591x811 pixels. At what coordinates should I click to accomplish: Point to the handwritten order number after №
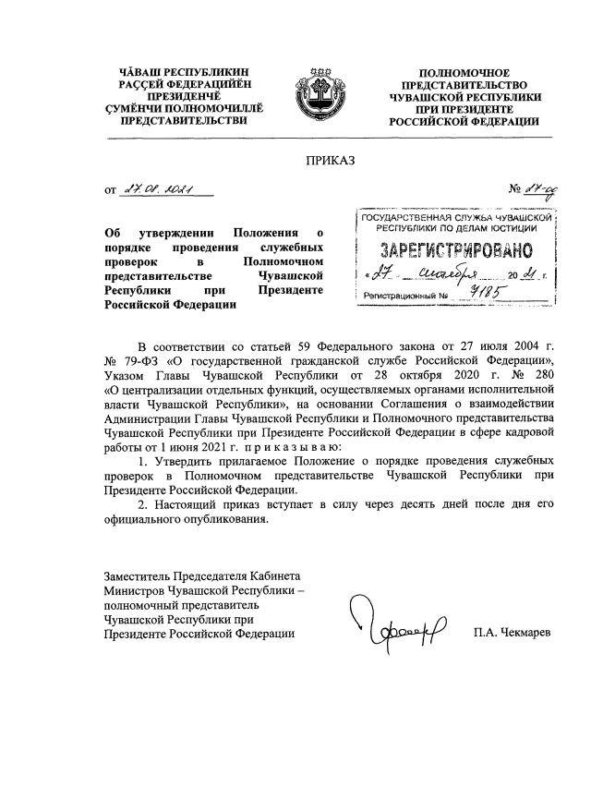coord(537,190)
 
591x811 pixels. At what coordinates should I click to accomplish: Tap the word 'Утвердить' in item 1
coord(179,460)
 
